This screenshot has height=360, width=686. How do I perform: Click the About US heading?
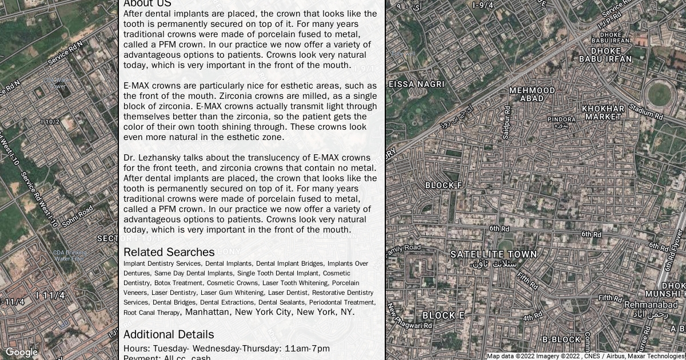point(147,3)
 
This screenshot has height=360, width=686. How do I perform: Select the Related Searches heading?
point(169,252)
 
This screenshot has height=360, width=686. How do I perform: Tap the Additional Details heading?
point(169,334)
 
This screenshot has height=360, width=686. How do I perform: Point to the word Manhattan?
point(208,312)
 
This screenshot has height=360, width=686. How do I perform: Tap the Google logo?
point(21,353)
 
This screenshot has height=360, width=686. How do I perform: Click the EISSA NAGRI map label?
point(416,84)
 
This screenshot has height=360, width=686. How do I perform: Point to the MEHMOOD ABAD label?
point(532,94)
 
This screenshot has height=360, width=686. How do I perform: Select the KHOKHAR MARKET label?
point(603,113)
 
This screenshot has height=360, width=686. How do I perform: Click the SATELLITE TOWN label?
point(493,254)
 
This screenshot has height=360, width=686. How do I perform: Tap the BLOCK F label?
point(444,186)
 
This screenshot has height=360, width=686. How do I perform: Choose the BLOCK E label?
point(443,315)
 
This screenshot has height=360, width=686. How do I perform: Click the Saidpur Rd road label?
point(506,123)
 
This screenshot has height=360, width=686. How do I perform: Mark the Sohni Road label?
point(77,217)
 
